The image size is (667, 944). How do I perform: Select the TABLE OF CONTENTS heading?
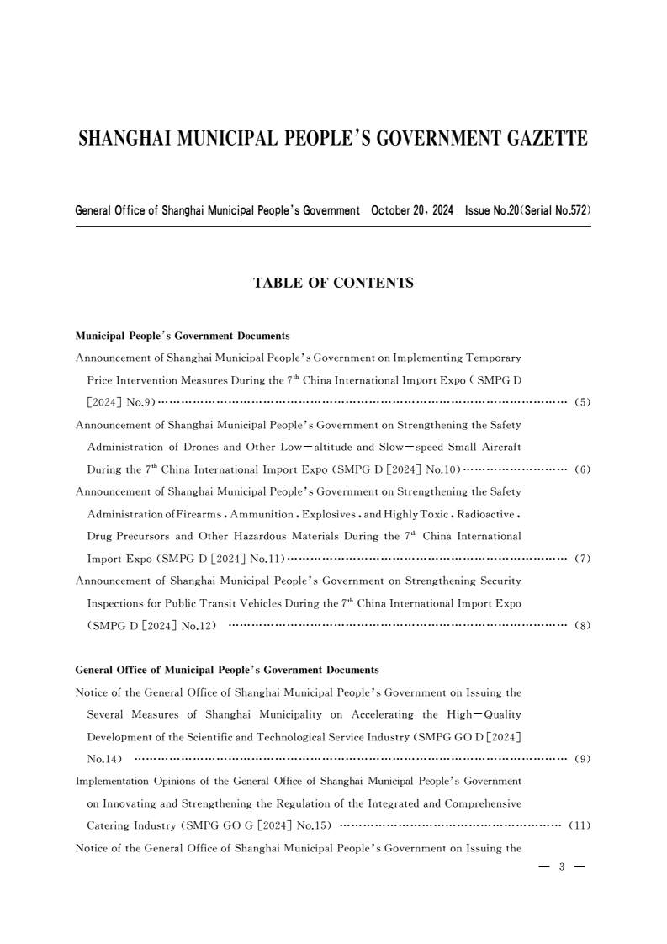[x=333, y=284]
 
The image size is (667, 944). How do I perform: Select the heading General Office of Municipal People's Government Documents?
[x=227, y=670]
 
